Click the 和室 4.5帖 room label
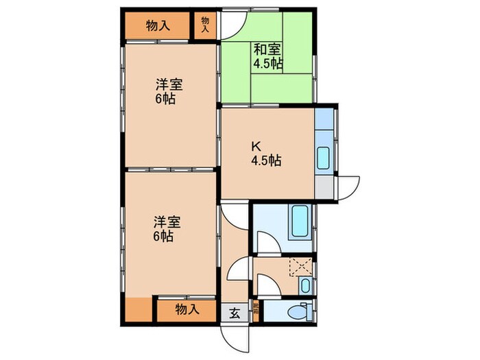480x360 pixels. pos(267,56)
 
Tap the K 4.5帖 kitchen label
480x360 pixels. pos(264,154)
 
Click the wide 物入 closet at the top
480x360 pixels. pos(158,26)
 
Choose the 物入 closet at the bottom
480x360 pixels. pos(187,309)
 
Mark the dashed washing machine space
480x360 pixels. pos(300,265)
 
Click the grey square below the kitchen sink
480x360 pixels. pos(324,187)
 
